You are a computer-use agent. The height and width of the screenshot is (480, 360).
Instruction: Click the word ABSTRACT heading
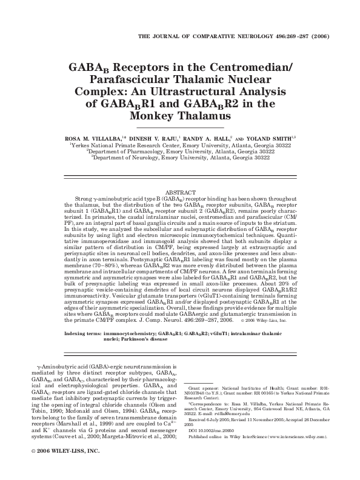pyautogui.click(x=180, y=192)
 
